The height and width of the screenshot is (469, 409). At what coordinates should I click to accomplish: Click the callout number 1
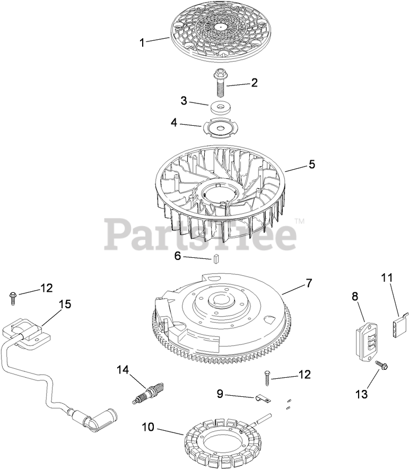142,42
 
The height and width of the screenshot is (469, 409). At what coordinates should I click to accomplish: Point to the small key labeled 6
216,258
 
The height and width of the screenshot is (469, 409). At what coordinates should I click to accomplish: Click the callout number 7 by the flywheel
308,283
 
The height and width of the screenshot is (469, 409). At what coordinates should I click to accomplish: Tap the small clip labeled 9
260,397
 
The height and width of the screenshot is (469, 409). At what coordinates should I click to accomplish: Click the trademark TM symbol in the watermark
300,221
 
